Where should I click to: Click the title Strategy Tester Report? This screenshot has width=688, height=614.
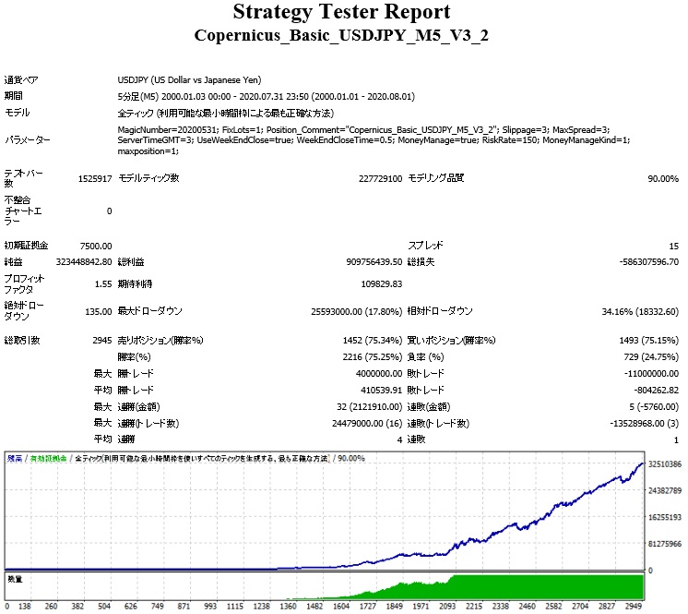(342, 13)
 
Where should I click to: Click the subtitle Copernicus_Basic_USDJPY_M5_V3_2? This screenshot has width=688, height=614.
(342, 36)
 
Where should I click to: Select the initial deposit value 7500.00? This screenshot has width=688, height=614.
(95, 246)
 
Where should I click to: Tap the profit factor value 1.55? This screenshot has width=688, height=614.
(103, 284)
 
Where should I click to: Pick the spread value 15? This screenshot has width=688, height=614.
(674, 246)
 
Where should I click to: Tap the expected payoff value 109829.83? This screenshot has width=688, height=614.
(381, 284)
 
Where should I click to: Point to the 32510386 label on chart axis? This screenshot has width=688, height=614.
(664, 464)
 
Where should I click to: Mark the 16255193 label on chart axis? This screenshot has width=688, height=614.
(664, 517)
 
